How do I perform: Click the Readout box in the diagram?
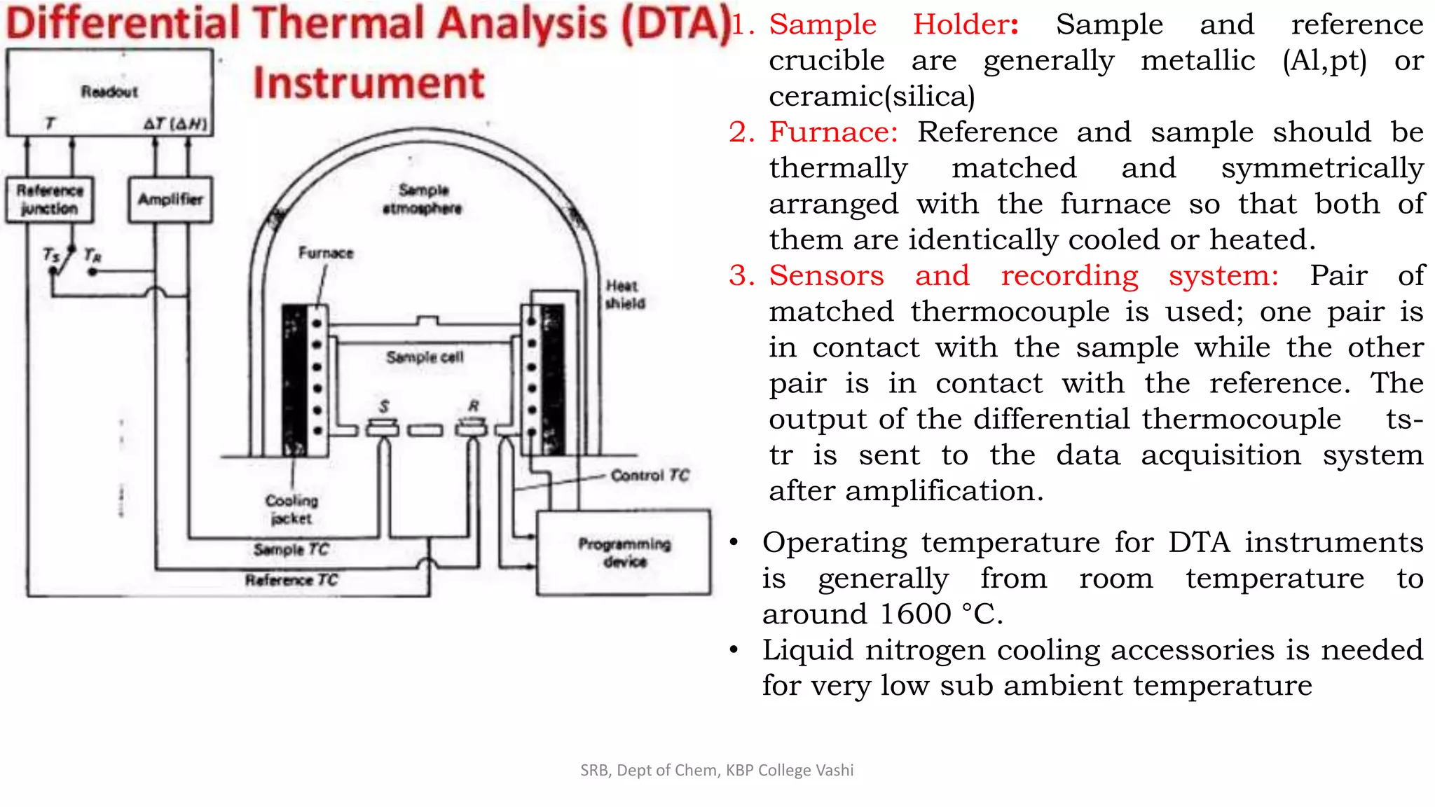click(109, 92)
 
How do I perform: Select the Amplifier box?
click(170, 200)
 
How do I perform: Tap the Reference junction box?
click(50, 200)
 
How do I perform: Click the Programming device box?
click(624, 553)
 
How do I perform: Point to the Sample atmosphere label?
click(423, 199)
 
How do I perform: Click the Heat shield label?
click(624, 294)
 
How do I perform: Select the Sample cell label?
click(425, 357)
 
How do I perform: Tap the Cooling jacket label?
click(291, 509)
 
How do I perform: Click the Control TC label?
click(650, 476)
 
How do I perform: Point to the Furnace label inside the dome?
click(326, 253)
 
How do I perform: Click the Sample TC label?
click(291, 549)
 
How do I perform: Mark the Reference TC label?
click(291, 580)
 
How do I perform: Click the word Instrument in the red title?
click(369, 83)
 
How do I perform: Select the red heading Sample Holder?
click(893, 25)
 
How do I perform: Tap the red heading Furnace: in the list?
click(833, 132)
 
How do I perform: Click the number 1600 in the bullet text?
click(915, 614)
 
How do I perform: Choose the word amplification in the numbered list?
click(944, 491)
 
